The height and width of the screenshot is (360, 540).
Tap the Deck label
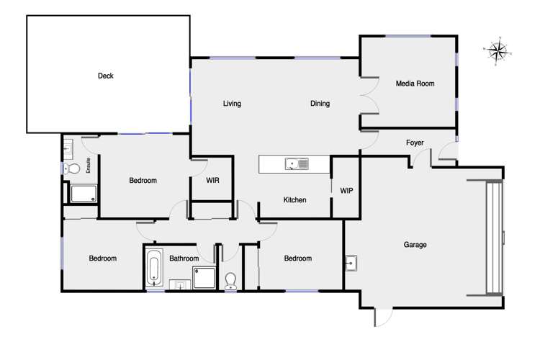(106, 76)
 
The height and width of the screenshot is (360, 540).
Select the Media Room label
(415, 84)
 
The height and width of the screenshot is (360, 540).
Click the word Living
(232, 104)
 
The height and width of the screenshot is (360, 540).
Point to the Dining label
(320, 104)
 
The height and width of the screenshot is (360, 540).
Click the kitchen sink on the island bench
(296, 164)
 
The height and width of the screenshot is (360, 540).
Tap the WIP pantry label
(346, 192)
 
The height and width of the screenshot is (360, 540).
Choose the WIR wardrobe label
(212, 181)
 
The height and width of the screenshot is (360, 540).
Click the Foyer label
(415, 142)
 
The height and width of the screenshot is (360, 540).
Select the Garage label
(415, 245)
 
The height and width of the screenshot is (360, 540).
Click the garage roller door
(493, 238)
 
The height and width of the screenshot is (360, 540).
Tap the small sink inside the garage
(351, 263)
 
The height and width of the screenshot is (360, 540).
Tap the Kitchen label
(295, 200)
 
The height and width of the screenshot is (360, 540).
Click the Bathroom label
(184, 258)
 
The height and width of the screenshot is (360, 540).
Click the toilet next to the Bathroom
(231, 279)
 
